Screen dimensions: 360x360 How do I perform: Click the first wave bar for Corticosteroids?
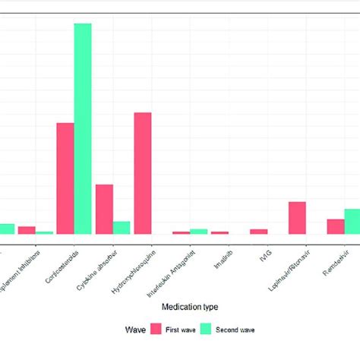[x=65, y=178]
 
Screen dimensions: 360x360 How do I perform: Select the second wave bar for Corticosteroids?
[x=83, y=129]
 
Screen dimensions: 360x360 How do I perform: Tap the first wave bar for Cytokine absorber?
[x=104, y=209]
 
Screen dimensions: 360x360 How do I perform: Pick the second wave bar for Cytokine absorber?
[x=122, y=228]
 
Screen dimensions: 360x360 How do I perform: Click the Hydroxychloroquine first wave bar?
[x=143, y=173]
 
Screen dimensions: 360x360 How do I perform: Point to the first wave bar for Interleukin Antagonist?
[x=181, y=232]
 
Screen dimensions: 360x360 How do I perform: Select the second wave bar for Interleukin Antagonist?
[x=198, y=231]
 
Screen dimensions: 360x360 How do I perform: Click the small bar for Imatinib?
[x=219, y=232]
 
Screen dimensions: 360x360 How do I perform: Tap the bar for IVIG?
[x=258, y=232]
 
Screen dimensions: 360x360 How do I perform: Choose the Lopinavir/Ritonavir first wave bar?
[x=297, y=218]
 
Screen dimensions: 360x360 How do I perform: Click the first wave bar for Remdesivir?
[x=336, y=226]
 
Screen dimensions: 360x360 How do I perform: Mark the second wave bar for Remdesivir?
[x=352, y=221]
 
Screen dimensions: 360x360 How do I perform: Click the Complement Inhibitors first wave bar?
[x=27, y=230]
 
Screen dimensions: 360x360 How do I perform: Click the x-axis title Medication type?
[x=190, y=306]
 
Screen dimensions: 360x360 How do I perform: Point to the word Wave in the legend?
[x=136, y=330]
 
